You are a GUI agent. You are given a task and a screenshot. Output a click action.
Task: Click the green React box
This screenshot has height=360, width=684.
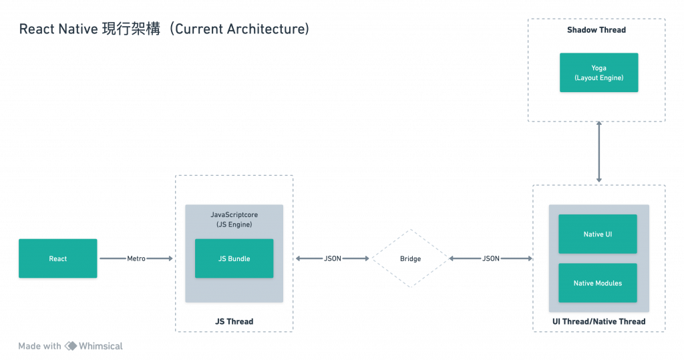tap(58, 258)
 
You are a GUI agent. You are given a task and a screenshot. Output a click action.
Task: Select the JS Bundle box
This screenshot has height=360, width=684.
tap(234, 258)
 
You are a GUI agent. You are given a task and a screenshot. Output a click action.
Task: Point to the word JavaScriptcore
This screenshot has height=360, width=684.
tap(234, 215)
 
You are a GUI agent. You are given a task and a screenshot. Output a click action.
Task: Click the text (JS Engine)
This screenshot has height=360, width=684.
tap(234, 225)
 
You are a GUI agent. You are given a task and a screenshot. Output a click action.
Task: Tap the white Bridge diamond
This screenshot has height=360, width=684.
tap(410, 258)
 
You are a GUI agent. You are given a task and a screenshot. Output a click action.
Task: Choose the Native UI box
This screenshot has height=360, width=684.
tap(597, 234)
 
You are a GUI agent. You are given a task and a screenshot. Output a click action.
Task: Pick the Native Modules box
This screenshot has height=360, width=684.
tap(597, 283)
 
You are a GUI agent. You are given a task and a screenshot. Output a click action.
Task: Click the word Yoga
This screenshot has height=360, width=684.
tap(598, 68)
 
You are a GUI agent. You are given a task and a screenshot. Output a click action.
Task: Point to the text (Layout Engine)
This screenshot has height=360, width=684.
tap(598, 78)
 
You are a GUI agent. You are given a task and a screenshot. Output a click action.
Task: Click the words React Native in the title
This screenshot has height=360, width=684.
tap(59, 30)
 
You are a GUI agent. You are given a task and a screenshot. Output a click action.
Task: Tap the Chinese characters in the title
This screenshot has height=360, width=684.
tap(131, 30)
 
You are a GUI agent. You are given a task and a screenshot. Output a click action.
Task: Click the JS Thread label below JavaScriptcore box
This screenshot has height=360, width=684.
tap(234, 321)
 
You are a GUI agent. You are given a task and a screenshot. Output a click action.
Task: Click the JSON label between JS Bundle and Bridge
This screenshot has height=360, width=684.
tap(332, 258)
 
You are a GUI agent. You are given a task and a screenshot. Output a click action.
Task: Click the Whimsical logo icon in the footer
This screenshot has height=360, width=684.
tap(73, 346)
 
